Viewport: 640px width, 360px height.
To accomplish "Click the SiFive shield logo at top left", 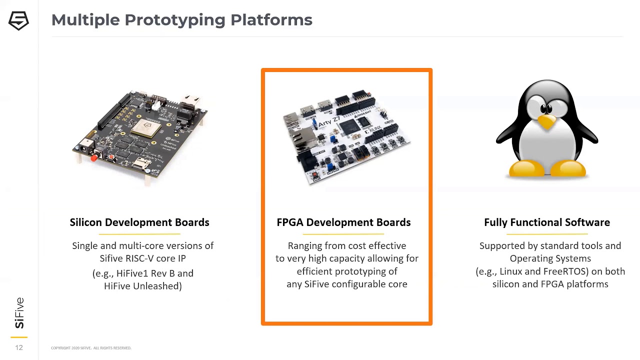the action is [x=18, y=20].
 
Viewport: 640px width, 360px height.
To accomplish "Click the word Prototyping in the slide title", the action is [x=175, y=20].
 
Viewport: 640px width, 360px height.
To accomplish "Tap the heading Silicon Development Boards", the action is [x=139, y=222].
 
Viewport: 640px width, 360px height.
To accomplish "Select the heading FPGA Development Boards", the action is [x=343, y=222].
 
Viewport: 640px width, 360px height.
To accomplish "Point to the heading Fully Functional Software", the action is [x=547, y=222].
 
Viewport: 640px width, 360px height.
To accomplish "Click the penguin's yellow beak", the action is [x=546, y=122].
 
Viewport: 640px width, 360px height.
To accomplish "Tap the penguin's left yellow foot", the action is [x=526, y=168].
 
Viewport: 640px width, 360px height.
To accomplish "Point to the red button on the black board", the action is [x=93, y=158].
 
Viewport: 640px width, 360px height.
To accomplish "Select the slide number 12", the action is [x=19, y=347].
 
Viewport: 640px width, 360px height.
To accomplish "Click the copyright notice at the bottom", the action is [x=91, y=348].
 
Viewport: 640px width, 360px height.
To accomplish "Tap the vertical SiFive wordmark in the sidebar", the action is [x=19, y=313].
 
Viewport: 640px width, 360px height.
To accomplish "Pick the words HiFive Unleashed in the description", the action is [x=141, y=286].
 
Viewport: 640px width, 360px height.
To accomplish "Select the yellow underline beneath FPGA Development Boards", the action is [x=343, y=234].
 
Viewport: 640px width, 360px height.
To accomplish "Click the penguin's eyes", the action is [x=546, y=108].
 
